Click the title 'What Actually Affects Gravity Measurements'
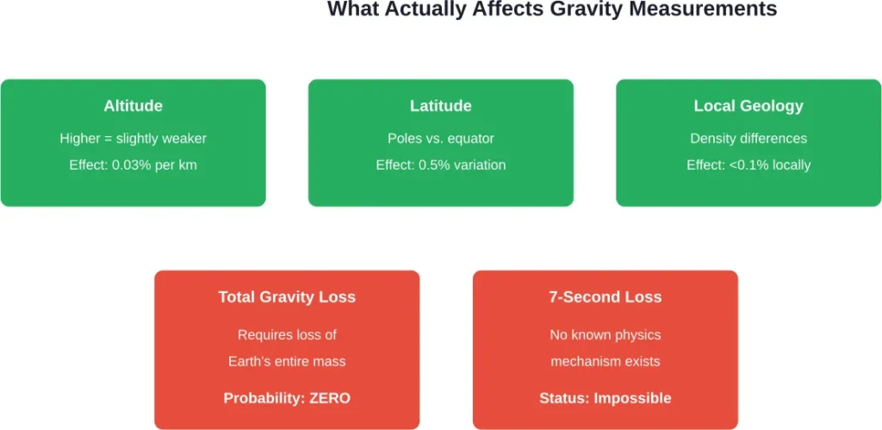click(x=552, y=10)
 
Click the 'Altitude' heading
click(x=133, y=106)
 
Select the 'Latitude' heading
click(x=440, y=106)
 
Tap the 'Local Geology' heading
click(x=748, y=106)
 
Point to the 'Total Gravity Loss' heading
click(x=287, y=297)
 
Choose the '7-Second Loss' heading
click(x=606, y=297)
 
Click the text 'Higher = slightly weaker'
click(x=133, y=138)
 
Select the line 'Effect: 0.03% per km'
click(x=133, y=165)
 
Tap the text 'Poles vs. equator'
click(x=440, y=138)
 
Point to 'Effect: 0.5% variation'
click(x=440, y=165)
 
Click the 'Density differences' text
click(x=748, y=138)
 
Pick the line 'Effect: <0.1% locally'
click(x=748, y=165)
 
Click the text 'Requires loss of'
click(x=287, y=334)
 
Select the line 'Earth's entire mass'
click(x=287, y=361)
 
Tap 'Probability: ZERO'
click(x=287, y=398)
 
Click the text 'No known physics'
click(x=606, y=334)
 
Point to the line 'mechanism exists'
click(x=606, y=361)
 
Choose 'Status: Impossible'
click(x=606, y=398)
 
